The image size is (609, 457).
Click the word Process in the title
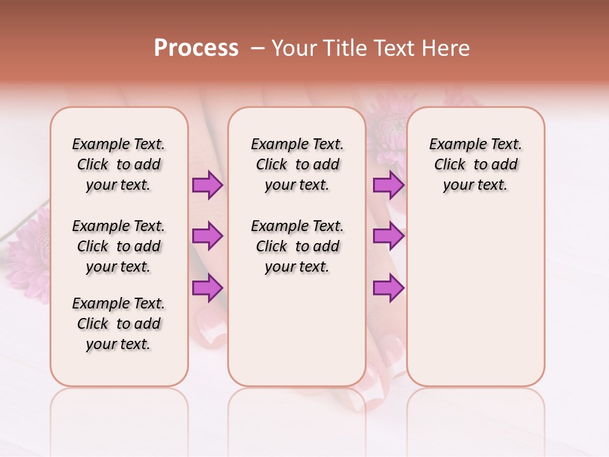tap(196, 48)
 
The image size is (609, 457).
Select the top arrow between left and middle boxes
tap(207, 185)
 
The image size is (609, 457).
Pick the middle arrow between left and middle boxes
tap(207, 236)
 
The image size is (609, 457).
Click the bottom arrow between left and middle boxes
tap(207, 288)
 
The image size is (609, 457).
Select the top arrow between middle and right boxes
tap(388, 185)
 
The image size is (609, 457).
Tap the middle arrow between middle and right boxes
tap(388, 236)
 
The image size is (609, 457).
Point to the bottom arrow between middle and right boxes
tap(388, 288)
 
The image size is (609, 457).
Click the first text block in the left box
tap(119, 164)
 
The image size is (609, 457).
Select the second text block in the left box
tap(119, 246)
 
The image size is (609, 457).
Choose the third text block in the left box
tap(119, 324)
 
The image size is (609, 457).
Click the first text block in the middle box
tap(298, 164)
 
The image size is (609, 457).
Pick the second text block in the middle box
tap(298, 246)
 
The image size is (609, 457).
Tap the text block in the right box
tap(476, 164)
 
